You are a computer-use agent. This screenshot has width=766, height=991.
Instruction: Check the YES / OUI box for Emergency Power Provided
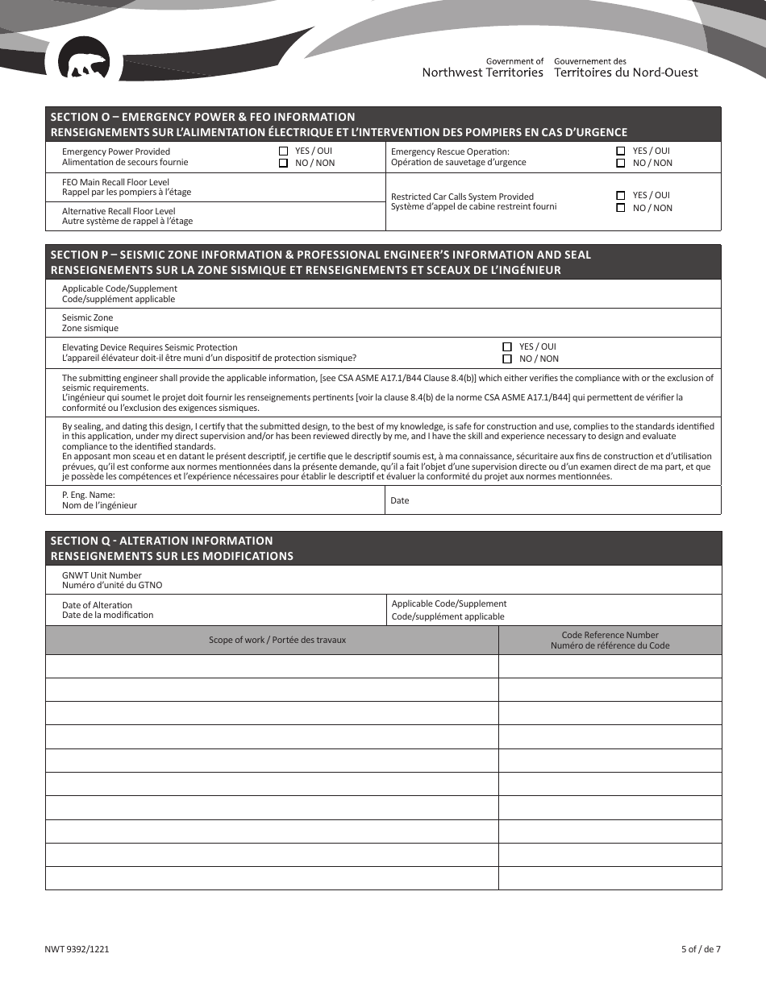[283, 151]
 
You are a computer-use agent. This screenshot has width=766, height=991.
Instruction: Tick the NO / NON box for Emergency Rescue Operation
[620, 163]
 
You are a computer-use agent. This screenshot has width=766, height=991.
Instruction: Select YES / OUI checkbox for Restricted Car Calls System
[620, 195]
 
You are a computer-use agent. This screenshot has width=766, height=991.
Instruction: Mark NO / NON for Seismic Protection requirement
[507, 359]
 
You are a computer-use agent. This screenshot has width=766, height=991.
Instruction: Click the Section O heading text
[202, 117]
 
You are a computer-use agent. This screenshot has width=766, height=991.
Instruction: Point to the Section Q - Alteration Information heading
[161, 541]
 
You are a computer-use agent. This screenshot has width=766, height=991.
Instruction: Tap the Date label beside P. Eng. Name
[399, 500]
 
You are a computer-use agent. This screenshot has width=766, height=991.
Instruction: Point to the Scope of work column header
[277, 640]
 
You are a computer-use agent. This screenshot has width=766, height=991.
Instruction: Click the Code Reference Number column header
[610, 640]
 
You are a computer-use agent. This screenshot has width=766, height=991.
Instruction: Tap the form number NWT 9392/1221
[77, 949]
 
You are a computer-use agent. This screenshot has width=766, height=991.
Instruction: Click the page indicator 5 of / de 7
[700, 949]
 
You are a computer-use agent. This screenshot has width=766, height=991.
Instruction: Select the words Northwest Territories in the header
[482, 73]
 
